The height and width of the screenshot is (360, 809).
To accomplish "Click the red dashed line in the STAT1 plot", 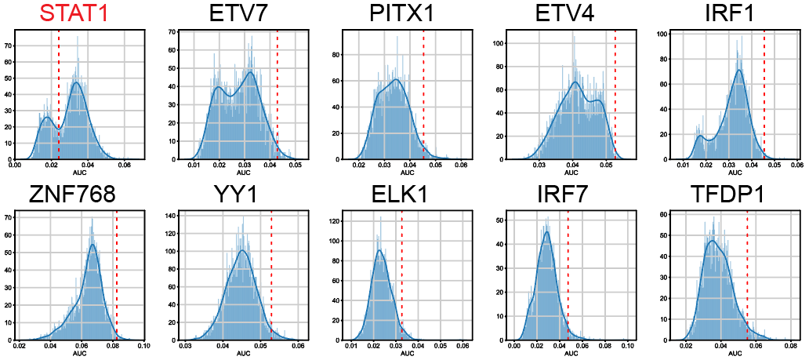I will point(59,94).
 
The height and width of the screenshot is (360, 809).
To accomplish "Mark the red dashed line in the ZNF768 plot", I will point(116,275).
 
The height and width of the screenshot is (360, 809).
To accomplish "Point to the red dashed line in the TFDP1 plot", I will point(747,275).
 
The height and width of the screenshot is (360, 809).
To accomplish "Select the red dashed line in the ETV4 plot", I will point(615,94).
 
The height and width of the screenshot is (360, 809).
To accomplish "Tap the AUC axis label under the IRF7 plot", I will point(570,354).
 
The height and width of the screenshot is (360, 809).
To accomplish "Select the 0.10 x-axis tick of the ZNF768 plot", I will point(144,346).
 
